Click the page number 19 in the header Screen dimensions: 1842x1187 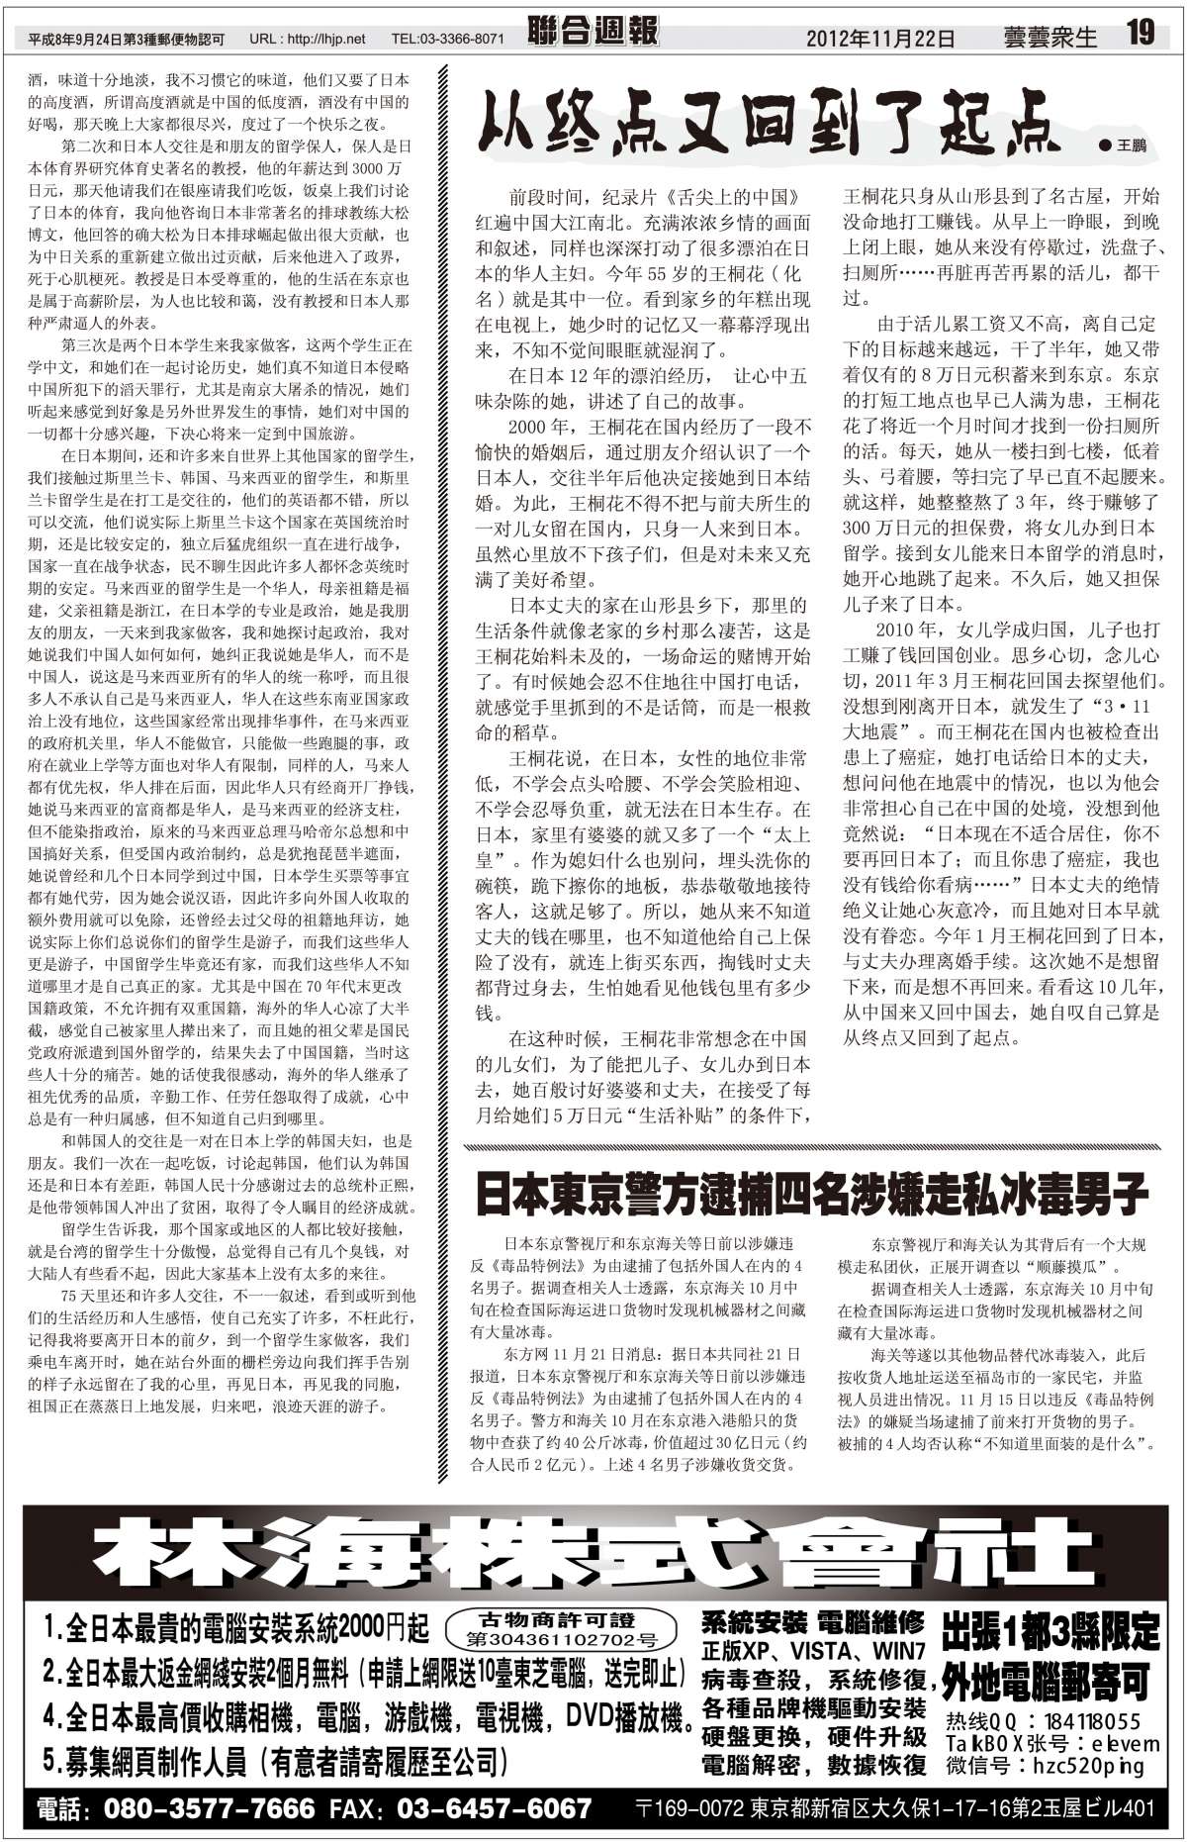tap(1140, 34)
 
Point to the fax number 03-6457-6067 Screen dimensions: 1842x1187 tap(494, 1808)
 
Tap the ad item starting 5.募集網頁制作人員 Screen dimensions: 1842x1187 tap(278, 1761)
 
